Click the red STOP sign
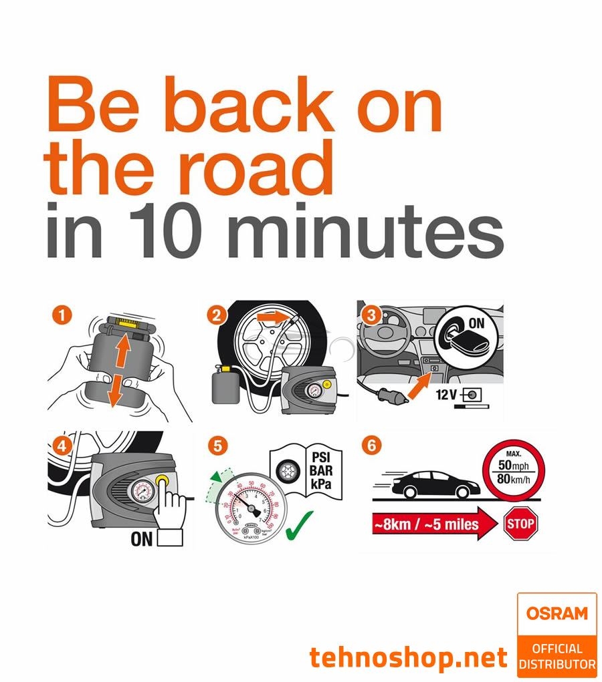[x=521, y=523]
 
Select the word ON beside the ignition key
[x=476, y=324]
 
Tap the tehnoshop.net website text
[x=409, y=658]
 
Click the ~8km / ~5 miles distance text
[x=425, y=524]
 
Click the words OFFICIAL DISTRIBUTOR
[x=557, y=657]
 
